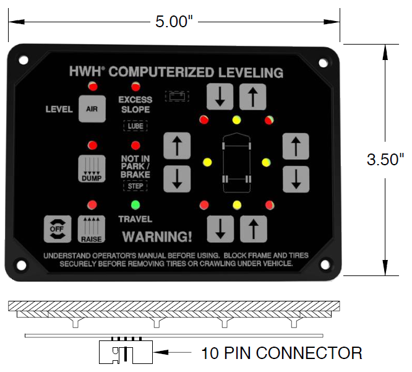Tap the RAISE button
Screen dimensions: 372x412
[x=91, y=228]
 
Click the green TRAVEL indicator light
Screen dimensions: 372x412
[x=135, y=205]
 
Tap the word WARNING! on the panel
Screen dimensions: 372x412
[x=157, y=236]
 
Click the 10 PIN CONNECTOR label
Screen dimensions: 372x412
[x=281, y=353]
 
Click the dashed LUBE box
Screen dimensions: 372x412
[x=135, y=126]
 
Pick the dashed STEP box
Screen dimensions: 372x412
[x=135, y=186]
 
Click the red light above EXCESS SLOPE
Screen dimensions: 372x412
[x=135, y=85]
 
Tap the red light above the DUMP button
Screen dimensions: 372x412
[x=92, y=145]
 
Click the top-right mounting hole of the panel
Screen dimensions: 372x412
[x=323, y=63]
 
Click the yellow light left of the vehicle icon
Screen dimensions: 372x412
[x=207, y=163]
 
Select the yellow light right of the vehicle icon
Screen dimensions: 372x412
[x=266, y=163]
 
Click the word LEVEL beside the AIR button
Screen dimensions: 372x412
[x=59, y=110]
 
